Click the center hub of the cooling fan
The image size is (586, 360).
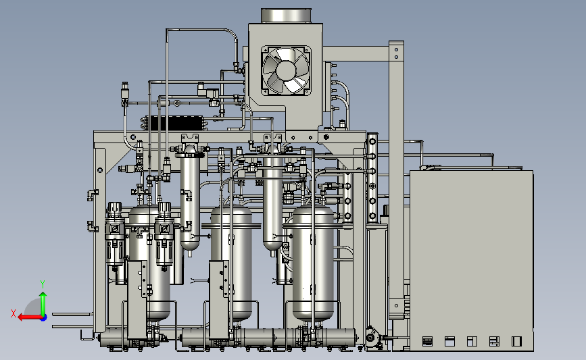(286, 70)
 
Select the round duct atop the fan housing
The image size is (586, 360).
(286, 16)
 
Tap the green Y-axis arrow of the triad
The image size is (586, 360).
(43, 304)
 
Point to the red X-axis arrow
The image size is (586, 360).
(30, 317)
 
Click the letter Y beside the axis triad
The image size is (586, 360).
(43, 284)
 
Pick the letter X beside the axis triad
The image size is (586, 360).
(14, 313)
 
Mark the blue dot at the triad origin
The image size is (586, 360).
(44, 318)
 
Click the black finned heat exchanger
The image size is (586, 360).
(175, 123)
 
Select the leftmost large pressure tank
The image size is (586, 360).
(149, 261)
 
